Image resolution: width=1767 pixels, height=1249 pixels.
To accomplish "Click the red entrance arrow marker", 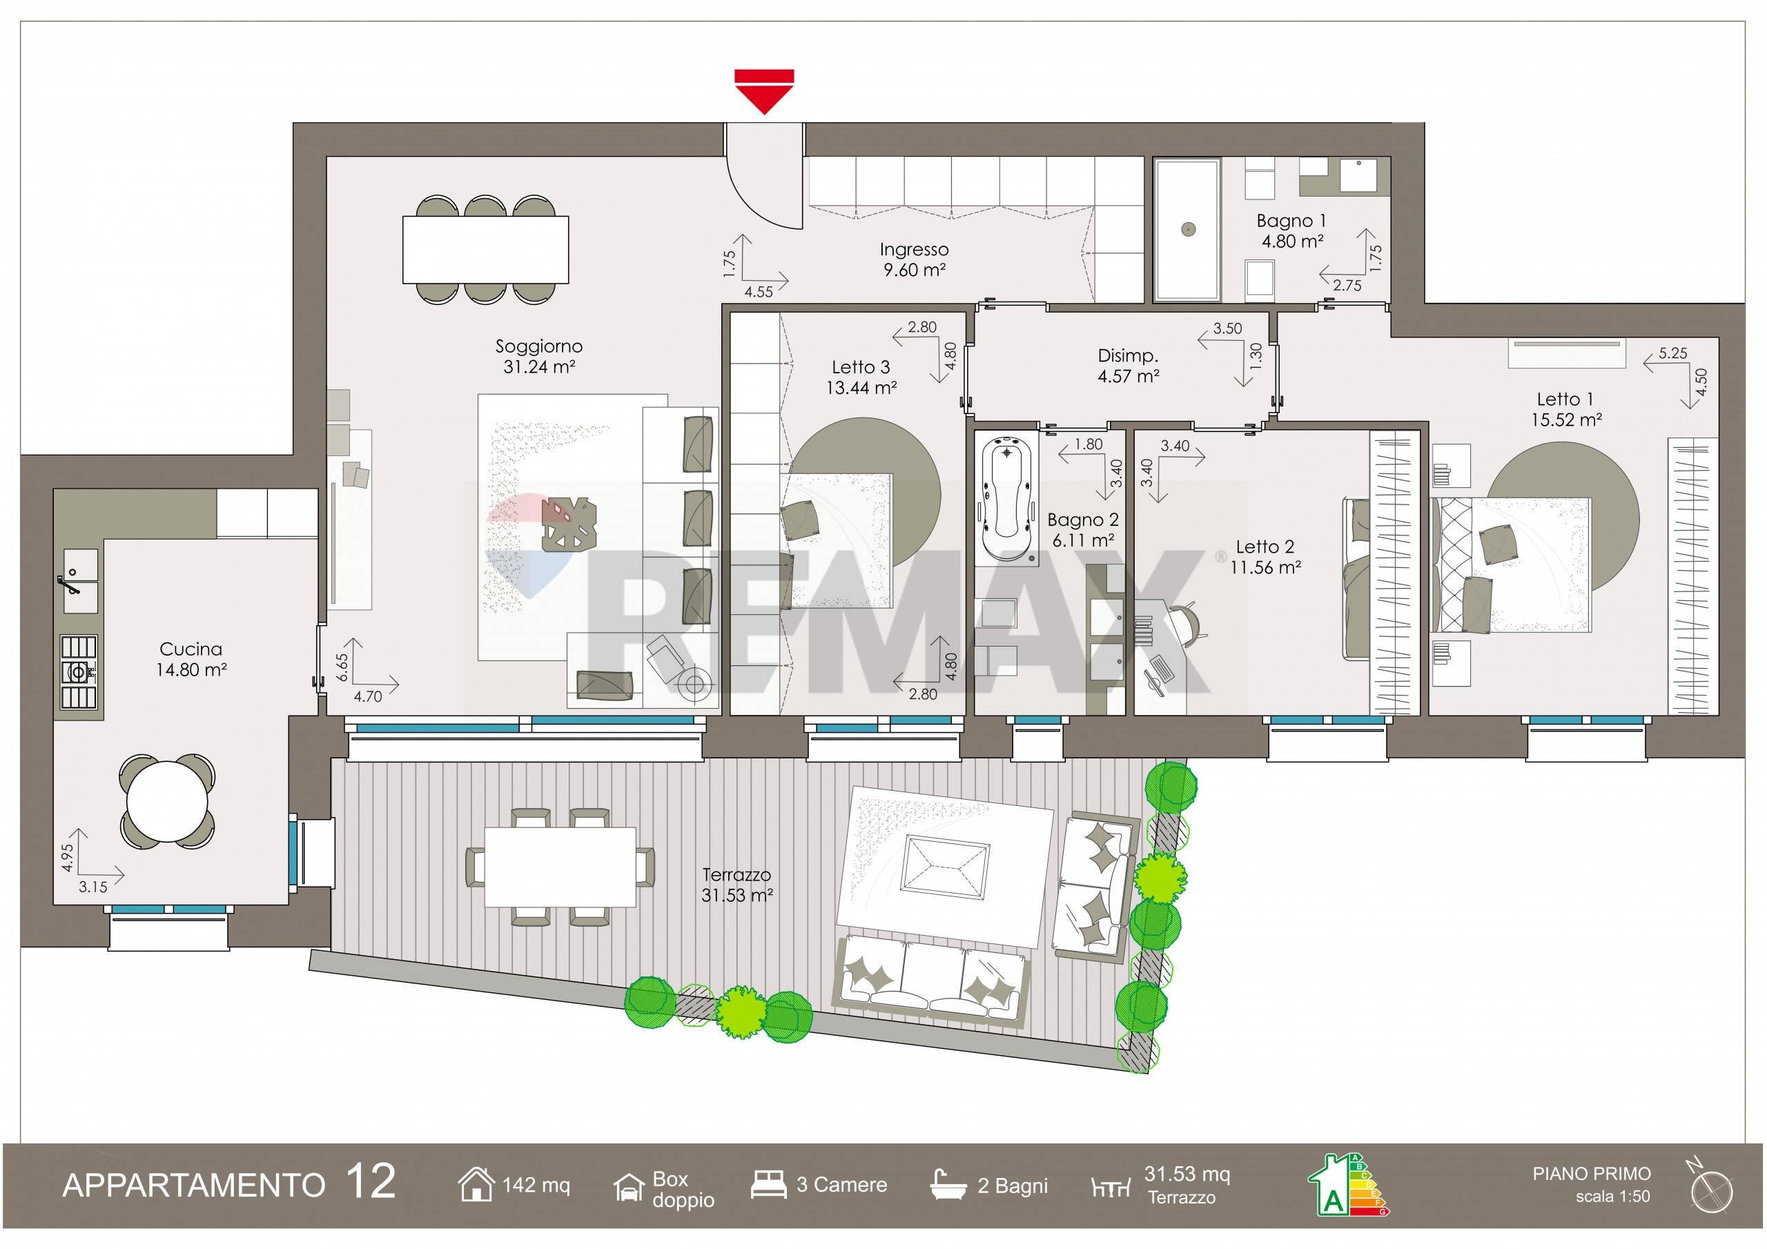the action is pyautogui.click(x=763, y=92).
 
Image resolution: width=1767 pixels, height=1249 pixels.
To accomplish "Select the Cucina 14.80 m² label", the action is pyautogui.click(x=191, y=659).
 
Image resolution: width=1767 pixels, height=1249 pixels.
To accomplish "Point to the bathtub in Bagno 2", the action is pyautogui.click(x=1006, y=498).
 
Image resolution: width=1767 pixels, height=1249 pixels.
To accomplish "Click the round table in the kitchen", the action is pyautogui.click(x=167, y=801).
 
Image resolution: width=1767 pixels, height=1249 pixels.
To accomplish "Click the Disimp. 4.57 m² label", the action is pyautogui.click(x=1129, y=366).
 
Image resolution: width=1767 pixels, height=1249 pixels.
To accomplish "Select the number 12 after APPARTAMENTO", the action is pyautogui.click(x=370, y=1181).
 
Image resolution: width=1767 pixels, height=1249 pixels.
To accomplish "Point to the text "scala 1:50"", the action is pyautogui.click(x=1612, y=1197).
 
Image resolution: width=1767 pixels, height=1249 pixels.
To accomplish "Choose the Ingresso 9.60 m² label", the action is pyautogui.click(x=915, y=259).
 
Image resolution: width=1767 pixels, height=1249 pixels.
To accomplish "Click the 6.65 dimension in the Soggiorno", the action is pyautogui.click(x=342, y=667).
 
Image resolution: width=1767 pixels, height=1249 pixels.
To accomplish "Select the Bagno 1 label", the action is pyautogui.click(x=1291, y=220).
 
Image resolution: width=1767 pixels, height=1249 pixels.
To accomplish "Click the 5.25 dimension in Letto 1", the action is pyautogui.click(x=1673, y=353).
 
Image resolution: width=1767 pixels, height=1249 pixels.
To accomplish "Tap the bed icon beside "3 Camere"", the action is pyautogui.click(x=768, y=1185).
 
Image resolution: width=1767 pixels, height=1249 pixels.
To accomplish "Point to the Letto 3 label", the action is pyautogui.click(x=861, y=367).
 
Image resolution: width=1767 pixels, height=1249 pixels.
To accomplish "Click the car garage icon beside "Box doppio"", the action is pyautogui.click(x=629, y=1187).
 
